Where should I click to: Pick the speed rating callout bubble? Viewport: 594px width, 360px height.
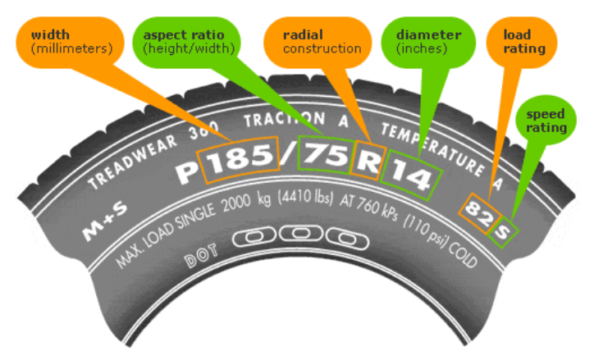coord(546,121)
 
